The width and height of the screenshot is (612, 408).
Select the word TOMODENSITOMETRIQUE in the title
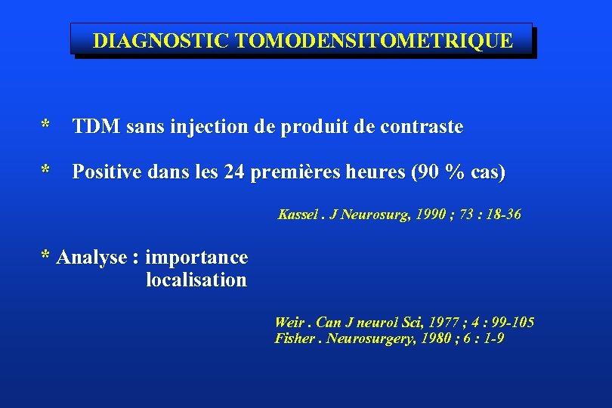click(374, 41)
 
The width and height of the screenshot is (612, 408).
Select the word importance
click(196, 258)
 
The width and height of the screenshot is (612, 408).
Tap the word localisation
click(196, 280)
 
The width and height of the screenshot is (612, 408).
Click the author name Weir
click(290, 323)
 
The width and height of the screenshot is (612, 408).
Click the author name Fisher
click(294, 338)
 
